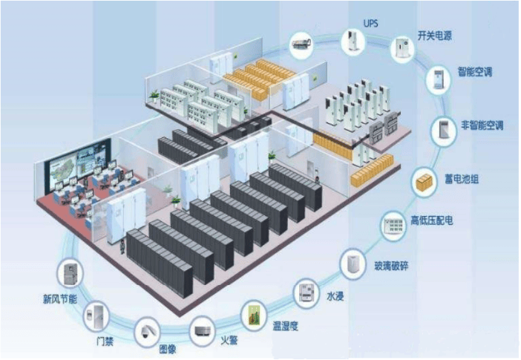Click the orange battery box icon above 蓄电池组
[x=425, y=182]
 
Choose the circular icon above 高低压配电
[x=393, y=226]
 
